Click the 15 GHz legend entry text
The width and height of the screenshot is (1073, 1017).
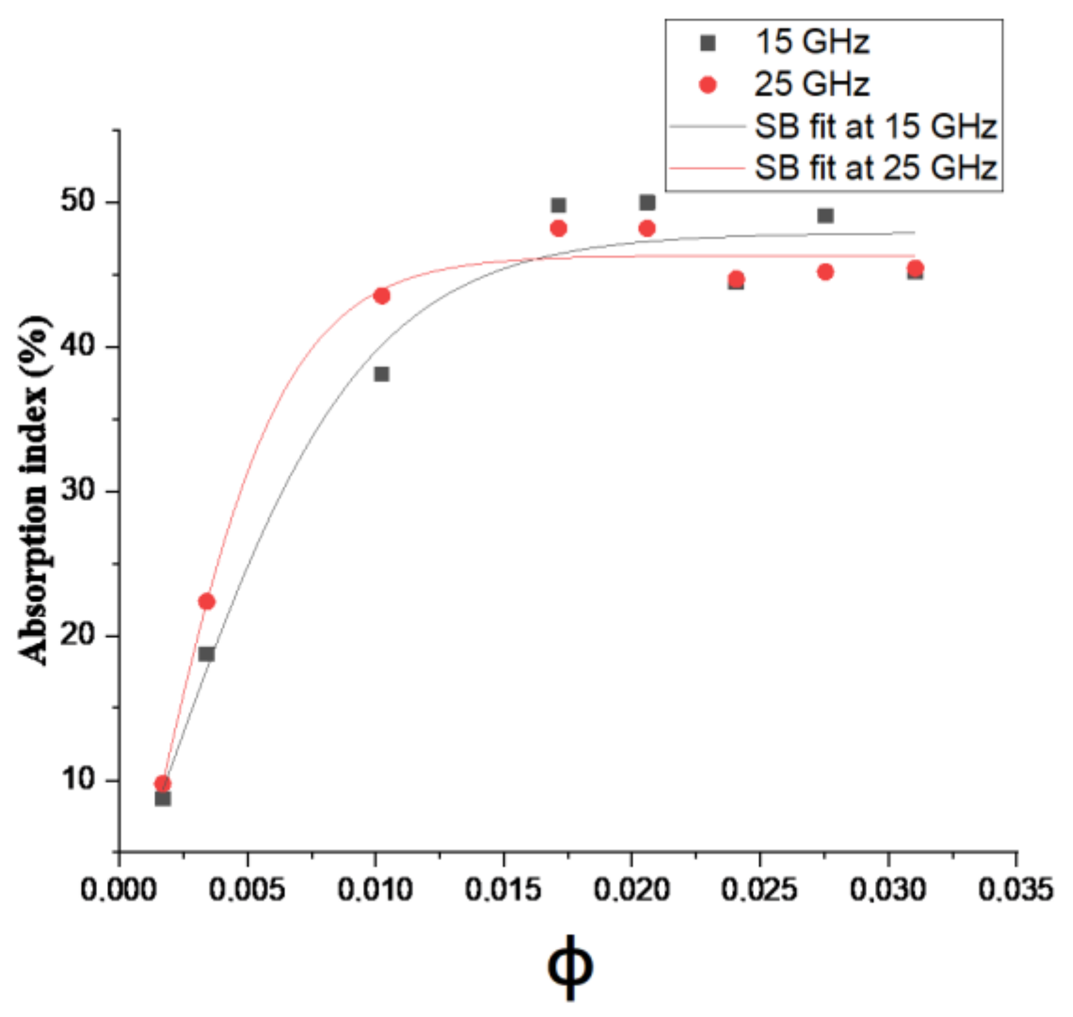(812, 43)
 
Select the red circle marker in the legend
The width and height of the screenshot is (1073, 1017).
(708, 85)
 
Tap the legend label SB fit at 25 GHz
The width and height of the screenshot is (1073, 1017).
(875, 168)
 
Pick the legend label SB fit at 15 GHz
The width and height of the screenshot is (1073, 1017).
(875, 126)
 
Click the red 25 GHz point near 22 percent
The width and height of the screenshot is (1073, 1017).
(206, 602)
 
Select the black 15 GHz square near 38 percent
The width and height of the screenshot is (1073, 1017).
(382, 374)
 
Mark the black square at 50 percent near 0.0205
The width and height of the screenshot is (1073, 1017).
(647, 202)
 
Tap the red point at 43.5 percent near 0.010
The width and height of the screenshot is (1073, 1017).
(382, 296)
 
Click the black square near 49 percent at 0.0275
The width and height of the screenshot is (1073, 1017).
(825, 216)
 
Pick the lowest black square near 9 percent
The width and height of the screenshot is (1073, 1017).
(163, 798)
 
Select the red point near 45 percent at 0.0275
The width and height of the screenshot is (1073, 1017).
(825, 272)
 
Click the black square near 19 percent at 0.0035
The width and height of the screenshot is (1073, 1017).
(206, 654)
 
